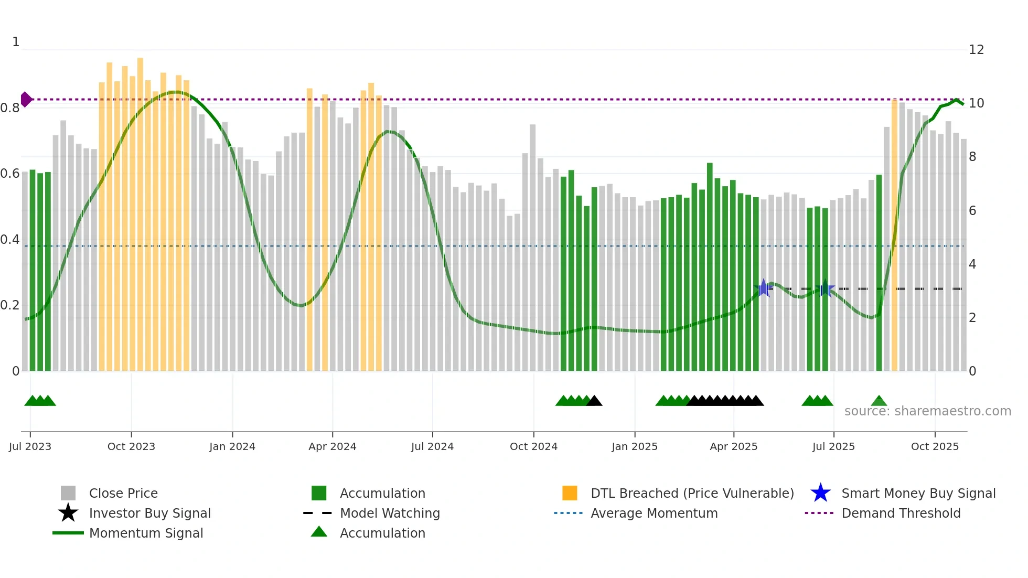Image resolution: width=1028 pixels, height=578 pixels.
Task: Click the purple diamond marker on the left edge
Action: [26, 99]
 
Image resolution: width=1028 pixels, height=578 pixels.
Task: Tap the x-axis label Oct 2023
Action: [131, 446]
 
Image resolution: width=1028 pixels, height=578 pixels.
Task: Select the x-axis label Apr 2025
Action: [733, 446]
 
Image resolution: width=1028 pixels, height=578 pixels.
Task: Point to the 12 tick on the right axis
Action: [976, 50]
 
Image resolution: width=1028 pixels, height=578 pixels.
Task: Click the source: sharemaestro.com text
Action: [927, 411]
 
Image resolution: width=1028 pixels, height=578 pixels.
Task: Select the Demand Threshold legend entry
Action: [901, 513]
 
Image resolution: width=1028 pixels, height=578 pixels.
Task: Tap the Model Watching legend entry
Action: [389, 513]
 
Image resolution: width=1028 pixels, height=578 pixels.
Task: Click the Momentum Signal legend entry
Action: [146, 533]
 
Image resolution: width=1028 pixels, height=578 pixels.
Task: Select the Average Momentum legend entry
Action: [654, 513]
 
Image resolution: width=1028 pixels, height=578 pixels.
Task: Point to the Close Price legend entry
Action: [123, 493]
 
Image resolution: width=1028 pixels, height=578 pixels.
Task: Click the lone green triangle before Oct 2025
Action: [879, 401]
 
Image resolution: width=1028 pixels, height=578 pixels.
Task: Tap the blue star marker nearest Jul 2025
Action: [825, 288]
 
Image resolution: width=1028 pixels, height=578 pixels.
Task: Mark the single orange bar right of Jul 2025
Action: [894, 236]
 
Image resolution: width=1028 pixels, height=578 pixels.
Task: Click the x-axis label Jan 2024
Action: [232, 446]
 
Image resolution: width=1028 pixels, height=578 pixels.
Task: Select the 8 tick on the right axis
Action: [972, 157]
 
